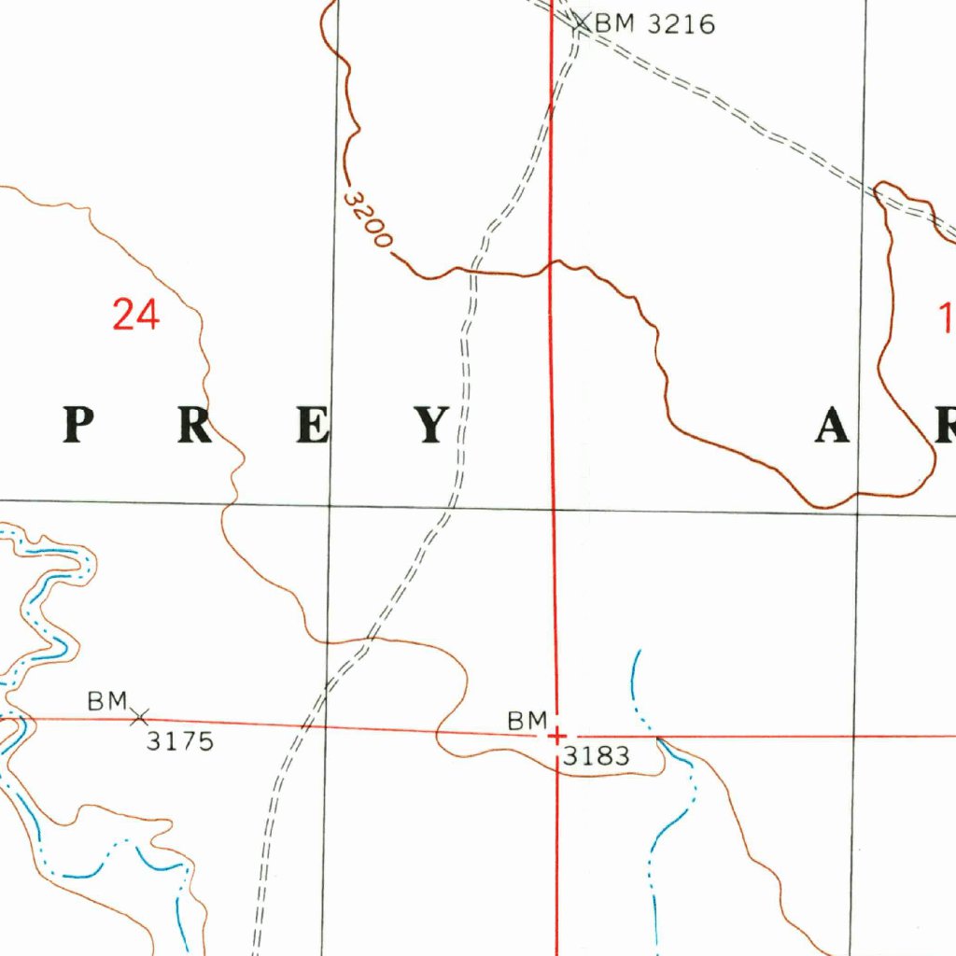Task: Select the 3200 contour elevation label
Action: click(x=367, y=219)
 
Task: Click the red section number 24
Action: click(x=136, y=315)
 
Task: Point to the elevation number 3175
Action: click(x=180, y=741)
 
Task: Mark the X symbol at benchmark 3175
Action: click(x=140, y=717)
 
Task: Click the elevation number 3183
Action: click(x=596, y=756)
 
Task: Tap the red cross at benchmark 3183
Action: click(x=556, y=735)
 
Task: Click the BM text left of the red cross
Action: click(x=527, y=721)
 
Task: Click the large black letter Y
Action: click(x=432, y=427)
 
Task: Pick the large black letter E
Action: click(x=314, y=427)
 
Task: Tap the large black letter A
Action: click(x=833, y=428)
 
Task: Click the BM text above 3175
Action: click(x=106, y=700)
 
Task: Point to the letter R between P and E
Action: click(x=196, y=427)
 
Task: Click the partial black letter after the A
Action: click(x=945, y=428)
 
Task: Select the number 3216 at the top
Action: click(x=681, y=23)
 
